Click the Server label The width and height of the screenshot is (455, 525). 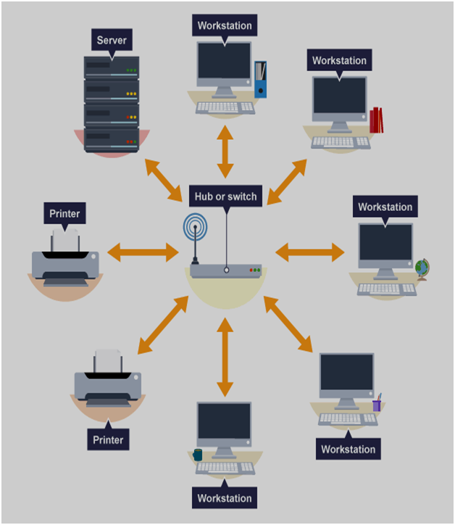click(x=112, y=40)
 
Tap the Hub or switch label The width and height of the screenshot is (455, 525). click(x=225, y=197)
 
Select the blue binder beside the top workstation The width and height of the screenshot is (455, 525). click(x=261, y=79)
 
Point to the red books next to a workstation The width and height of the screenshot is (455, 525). click(x=376, y=120)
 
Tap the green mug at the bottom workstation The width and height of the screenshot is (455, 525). click(x=198, y=455)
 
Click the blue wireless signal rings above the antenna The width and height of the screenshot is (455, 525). click(x=195, y=227)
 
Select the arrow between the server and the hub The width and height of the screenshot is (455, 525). click(x=164, y=180)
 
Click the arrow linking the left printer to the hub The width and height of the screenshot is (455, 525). click(x=143, y=252)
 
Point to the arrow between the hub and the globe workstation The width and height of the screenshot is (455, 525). click(x=310, y=252)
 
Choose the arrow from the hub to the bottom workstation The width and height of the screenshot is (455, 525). click(x=225, y=357)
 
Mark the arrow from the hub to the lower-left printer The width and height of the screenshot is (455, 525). click(x=163, y=325)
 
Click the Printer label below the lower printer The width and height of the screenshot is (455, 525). click(x=108, y=439)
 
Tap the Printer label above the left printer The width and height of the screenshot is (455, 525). click(x=64, y=213)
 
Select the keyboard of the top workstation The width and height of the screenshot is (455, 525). click(x=225, y=108)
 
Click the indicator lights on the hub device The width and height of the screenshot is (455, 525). click(x=255, y=270)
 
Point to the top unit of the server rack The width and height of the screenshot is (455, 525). click(x=112, y=68)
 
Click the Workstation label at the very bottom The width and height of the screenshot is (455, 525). click(x=225, y=498)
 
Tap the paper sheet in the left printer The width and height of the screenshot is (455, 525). click(x=65, y=241)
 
